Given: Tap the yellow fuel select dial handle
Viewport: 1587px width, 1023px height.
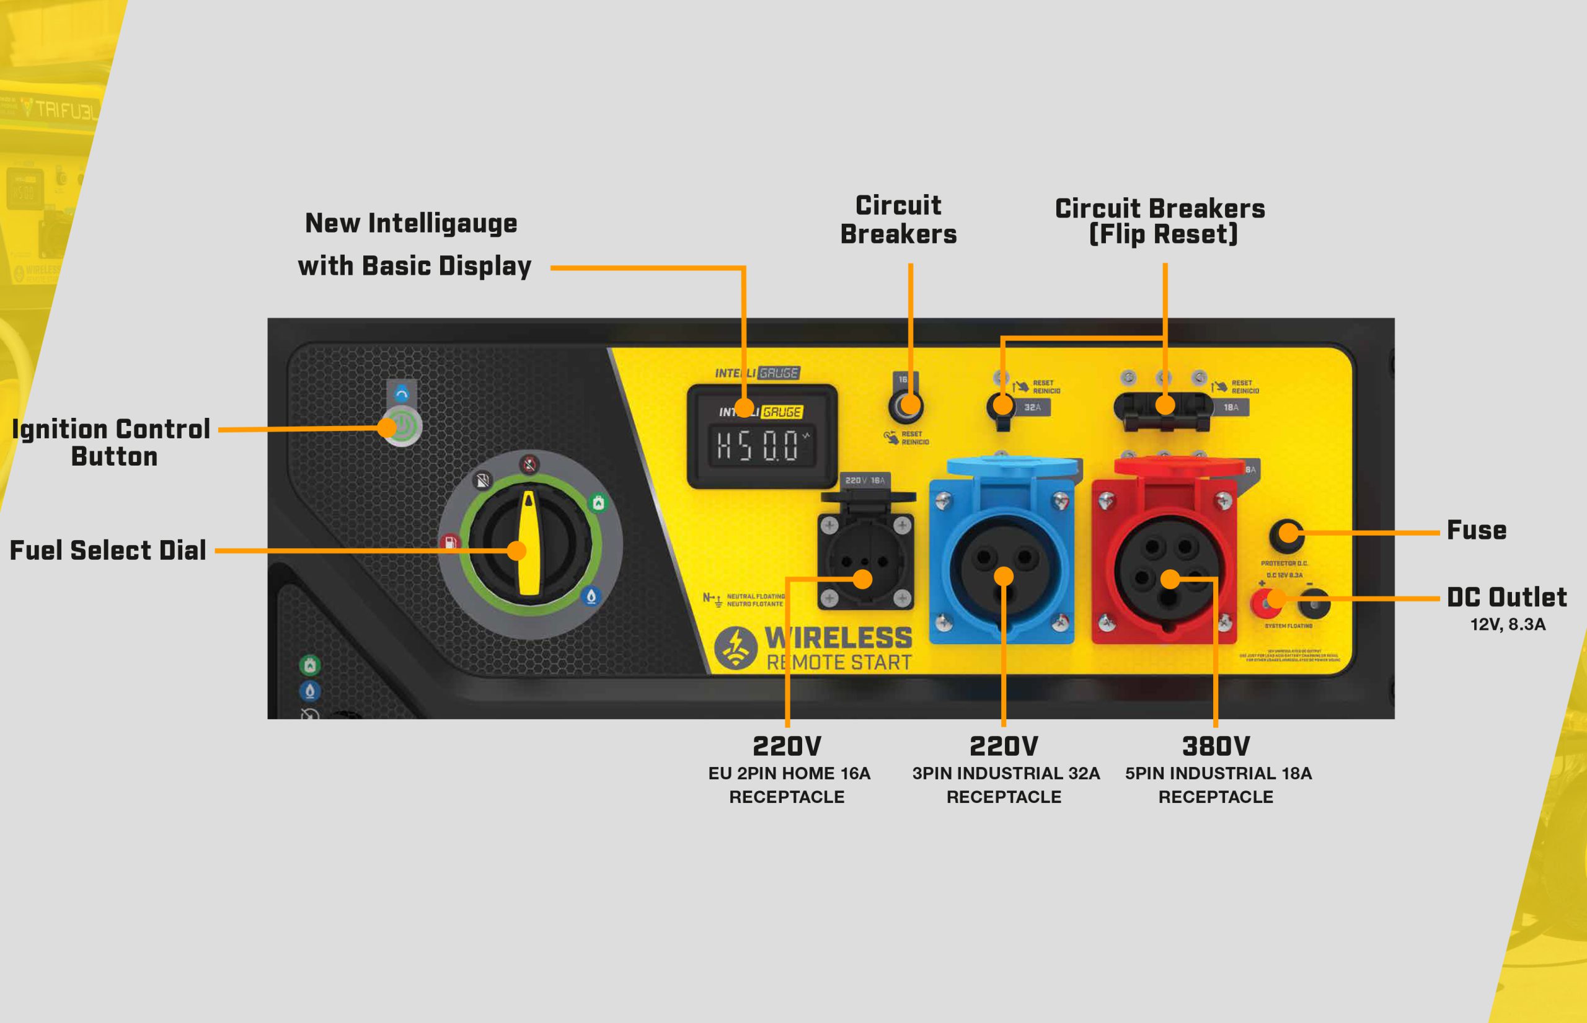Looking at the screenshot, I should click(529, 543).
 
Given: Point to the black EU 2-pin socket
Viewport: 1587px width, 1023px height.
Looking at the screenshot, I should click(865, 561).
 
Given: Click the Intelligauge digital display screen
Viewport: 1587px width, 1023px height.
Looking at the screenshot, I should click(763, 445).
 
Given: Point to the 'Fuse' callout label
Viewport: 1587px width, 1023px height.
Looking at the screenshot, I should click(1477, 530).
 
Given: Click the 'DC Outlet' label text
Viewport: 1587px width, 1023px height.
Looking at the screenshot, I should click(1506, 597).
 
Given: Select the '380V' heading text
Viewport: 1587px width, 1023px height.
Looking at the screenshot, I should click(1216, 746).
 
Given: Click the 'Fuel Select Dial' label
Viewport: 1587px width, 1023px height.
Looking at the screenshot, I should click(108, 550).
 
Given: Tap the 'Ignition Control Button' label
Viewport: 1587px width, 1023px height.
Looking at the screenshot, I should click(112, 443).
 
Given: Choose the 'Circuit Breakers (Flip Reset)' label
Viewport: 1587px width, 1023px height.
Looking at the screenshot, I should click(1160, 221).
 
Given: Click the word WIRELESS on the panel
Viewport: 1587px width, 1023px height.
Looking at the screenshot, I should click(839, 638).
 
